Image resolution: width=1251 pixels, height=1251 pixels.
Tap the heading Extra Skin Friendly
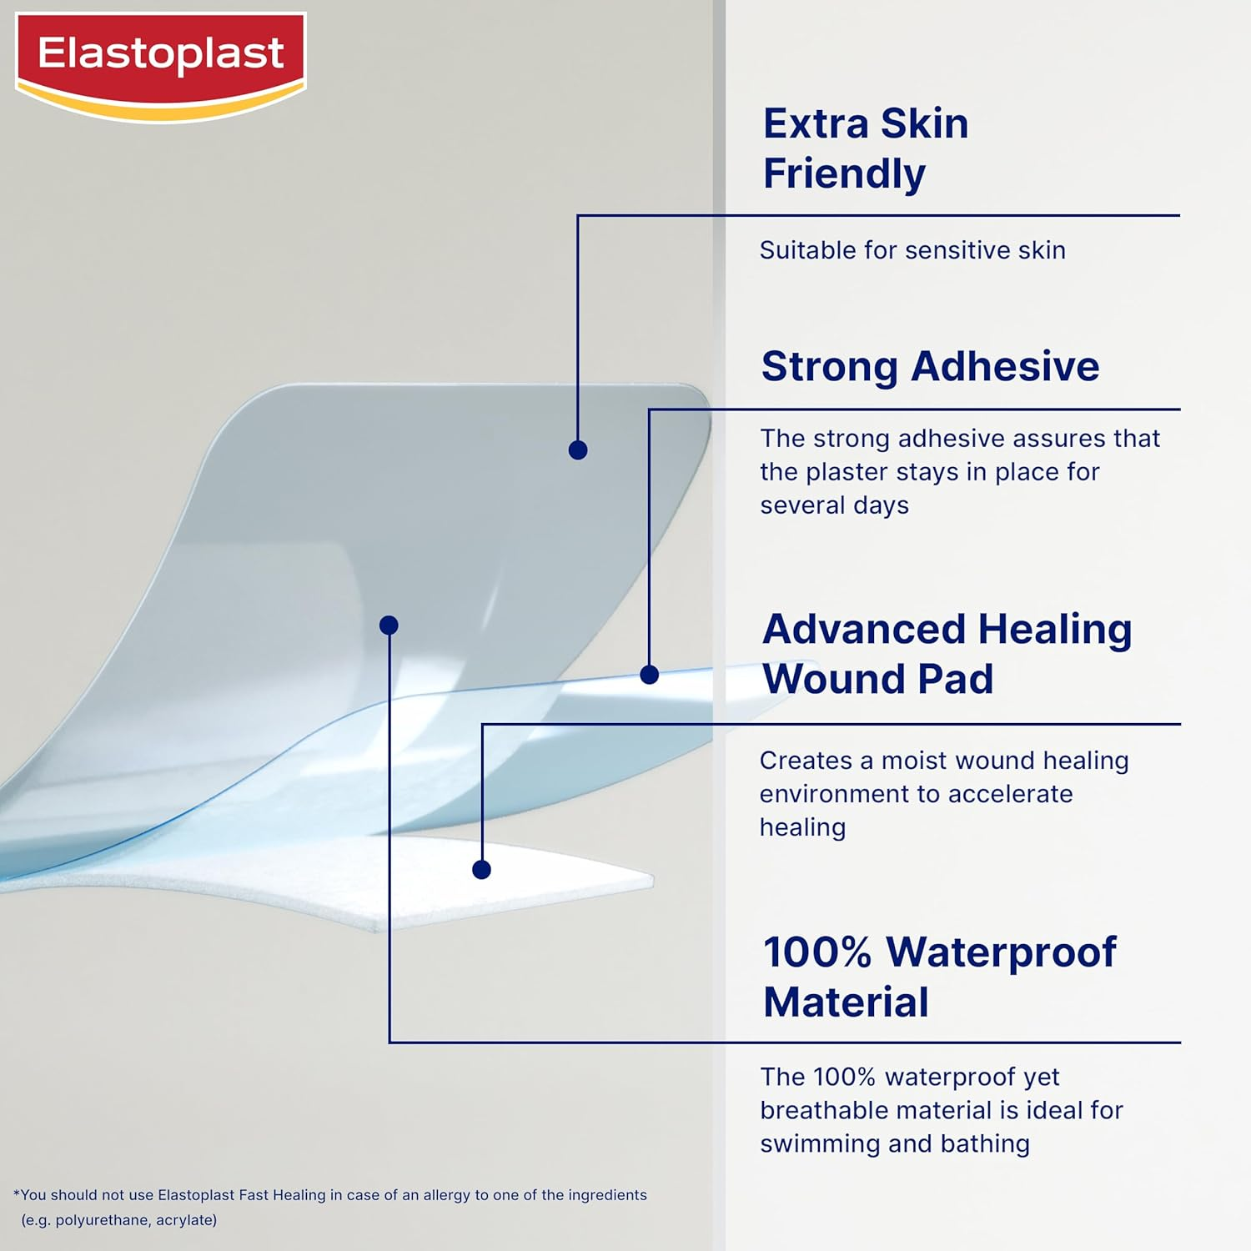coord(866,148)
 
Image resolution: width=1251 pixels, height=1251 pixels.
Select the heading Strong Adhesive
coord(930,366)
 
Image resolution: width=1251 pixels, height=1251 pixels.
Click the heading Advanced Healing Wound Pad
coord(947,654)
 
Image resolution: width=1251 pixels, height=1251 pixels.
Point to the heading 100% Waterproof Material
coord(939,977)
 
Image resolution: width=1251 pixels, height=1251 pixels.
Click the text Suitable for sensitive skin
coord(912,250)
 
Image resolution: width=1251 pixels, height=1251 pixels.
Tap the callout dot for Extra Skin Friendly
coord(578,450)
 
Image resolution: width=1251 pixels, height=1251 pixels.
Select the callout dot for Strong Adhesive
coord(650,675)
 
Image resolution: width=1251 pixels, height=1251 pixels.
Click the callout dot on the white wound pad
coord(481,870)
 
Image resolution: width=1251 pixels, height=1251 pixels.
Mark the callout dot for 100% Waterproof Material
coord(389,625)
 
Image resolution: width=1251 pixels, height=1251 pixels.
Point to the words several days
coord(834,505)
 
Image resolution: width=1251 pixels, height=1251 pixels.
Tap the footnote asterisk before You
coord(16,1193)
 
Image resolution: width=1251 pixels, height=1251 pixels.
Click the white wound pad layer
coord(534,884)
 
